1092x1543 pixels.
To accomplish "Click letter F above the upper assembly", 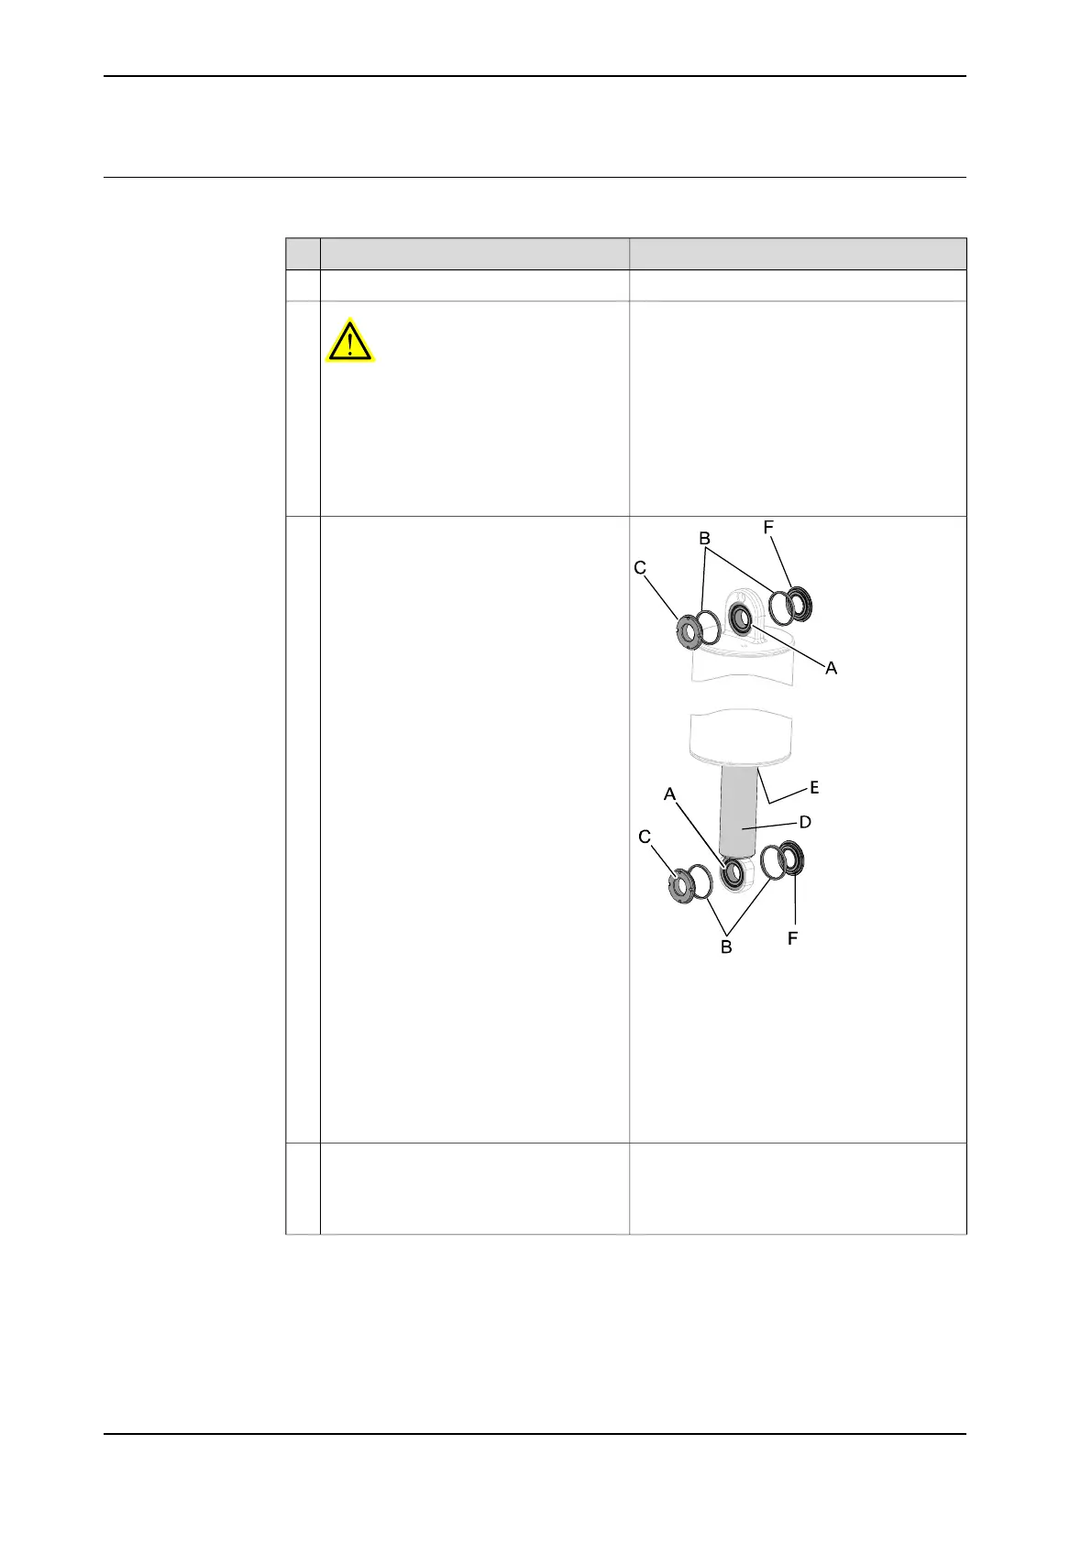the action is (x=768, y=528).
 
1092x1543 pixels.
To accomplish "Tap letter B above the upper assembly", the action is (x=705, y=539).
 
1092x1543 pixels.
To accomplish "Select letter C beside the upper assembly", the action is (x=641, y=569).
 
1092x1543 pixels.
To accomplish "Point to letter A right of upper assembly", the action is (x=831, y=669).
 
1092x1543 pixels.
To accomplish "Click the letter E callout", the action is (x=813, y=788).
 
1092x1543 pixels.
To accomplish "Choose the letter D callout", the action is (x=805, y=822).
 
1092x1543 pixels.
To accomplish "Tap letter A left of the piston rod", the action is (x=670, y=794).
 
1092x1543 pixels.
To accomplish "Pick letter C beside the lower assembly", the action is (x=645, y=837).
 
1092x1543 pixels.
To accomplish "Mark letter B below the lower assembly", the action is (x=726, y=947).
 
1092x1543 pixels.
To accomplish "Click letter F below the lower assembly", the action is (x=793, y=939).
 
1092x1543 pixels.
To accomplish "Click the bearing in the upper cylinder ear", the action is (x=739, y=619).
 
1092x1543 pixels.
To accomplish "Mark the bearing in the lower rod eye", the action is (x=734, y=874).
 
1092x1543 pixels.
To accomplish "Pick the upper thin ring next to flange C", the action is (x=707, y=628).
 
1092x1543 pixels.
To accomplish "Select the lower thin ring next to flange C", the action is (x=700, y=880).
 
